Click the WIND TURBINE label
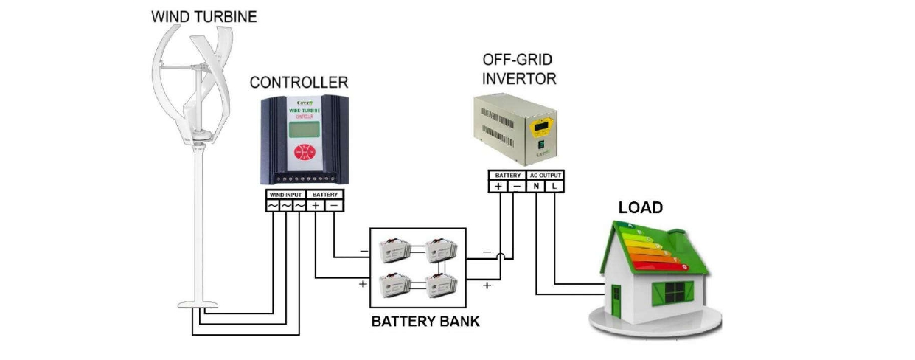pos(204,16)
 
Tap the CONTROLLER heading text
pos(299,82)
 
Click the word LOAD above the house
pos(640,208)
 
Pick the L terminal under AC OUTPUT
pos(554,187)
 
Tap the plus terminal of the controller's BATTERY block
pos(316,205)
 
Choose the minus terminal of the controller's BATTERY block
pos(334,205)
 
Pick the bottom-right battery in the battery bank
pos(444,283)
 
